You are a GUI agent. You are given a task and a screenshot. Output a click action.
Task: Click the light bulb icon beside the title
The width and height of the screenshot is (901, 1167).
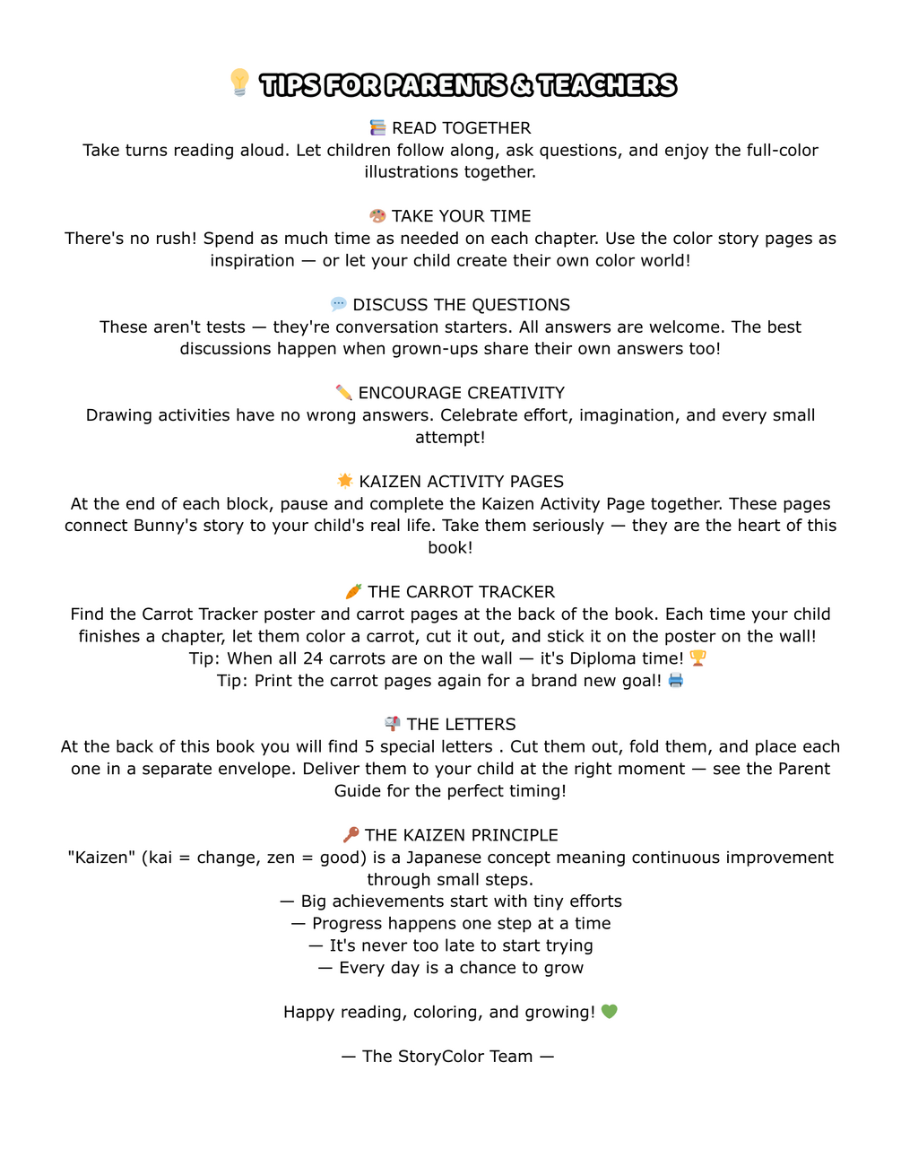pos(239,83)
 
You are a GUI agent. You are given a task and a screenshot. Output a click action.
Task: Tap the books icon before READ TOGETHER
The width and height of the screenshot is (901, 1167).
pos(378,128)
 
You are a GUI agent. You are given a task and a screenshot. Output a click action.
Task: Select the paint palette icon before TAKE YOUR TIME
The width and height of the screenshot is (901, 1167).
pos(377,216)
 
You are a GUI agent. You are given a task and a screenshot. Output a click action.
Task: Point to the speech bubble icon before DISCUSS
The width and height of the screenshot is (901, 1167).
pos(338,304)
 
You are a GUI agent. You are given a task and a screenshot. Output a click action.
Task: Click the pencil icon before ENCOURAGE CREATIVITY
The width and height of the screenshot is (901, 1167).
pos(343,393)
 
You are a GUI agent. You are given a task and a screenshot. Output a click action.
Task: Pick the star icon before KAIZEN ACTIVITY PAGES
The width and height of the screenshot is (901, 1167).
pos(345,481)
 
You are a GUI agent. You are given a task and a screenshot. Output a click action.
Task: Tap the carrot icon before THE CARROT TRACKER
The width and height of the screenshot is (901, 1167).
pos(353,591)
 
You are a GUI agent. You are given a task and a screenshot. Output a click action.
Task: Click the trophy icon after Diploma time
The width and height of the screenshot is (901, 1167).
pos(697,658)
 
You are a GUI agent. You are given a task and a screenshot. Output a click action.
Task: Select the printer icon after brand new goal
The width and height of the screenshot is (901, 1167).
pos(675,680)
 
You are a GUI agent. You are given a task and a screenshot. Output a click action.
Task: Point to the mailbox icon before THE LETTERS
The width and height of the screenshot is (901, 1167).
pos(393,724)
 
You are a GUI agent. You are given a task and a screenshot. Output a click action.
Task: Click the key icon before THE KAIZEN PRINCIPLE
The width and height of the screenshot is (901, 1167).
pos(351,834)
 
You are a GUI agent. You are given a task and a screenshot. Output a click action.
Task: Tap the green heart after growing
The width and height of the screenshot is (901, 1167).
pos(610,1012)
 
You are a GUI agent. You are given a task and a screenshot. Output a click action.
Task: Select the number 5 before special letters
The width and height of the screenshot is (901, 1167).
pos(369,746)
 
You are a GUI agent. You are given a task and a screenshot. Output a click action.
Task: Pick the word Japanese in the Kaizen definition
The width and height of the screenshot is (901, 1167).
pos(444,858)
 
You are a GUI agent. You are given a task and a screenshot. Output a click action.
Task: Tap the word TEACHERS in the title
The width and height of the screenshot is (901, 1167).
pos(607,85)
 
